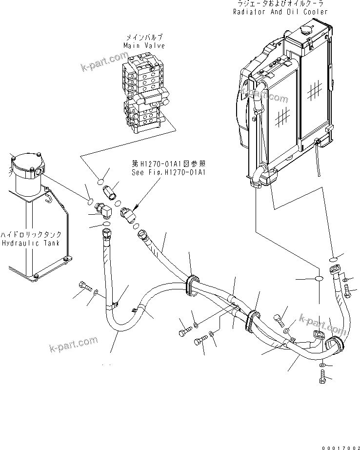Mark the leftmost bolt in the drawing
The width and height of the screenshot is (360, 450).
84,286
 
